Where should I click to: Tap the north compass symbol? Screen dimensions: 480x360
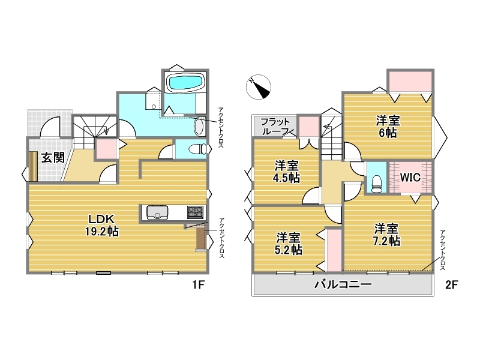(259, 87)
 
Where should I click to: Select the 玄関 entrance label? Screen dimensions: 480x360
(53, 158)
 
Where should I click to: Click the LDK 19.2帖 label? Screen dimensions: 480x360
(102, 226)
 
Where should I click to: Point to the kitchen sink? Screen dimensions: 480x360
(157, 212)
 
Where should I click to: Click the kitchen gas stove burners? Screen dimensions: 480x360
(196, 212)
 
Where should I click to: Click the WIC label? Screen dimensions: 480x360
(410, 177)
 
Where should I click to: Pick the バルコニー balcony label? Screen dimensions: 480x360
(343, 284)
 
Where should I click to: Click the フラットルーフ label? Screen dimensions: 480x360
(275, 127)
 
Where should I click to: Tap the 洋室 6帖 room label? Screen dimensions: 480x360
(388, 127)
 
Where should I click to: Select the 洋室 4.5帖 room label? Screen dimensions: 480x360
(286, 172)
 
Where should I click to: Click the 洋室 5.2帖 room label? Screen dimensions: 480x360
(288, 244)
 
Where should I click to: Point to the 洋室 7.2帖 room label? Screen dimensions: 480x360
(386, 235)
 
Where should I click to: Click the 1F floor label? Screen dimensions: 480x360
(198, 284)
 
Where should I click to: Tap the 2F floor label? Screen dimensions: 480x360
(452, 284)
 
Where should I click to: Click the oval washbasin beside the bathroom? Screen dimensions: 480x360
(199, 127)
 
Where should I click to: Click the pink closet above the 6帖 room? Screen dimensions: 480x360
(410, 81)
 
